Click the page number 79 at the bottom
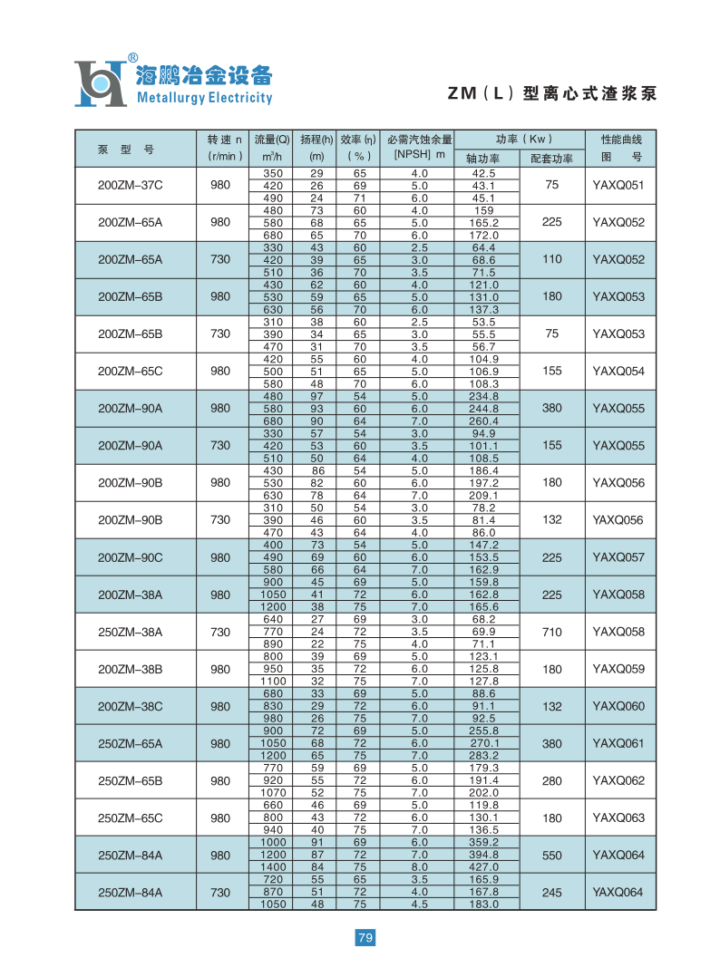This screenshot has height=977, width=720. point(365,937)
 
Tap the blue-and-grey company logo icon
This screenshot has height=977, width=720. point(99,83)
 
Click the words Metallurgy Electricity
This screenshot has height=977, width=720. point(204,98)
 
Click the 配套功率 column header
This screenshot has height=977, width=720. point(551,159)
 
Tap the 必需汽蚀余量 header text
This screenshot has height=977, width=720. point(419,140)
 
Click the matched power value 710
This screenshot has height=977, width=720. point(552,632)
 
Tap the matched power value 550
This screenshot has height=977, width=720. point(552,855)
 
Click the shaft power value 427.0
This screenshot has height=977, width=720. point(485,867)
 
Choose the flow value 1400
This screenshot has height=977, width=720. point(272,867)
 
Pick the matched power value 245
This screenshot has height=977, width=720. point(552,892)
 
